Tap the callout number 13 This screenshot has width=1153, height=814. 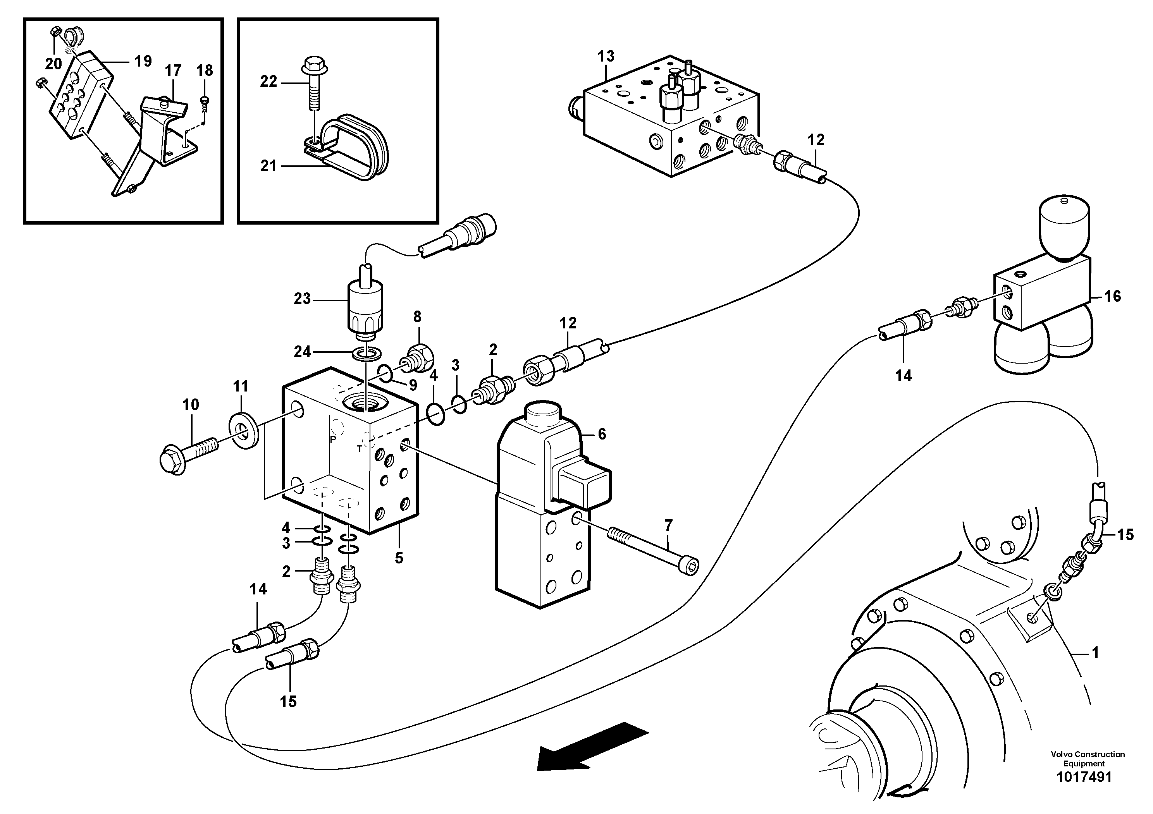pyautogui.click(x=606, y=56)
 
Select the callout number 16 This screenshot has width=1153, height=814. pyautogui.click(x=1112, y=296)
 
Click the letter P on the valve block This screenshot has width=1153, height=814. pyautogui.click(x=332, y=440)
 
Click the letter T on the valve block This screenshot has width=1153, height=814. pyautogui.click(x=360, y=449)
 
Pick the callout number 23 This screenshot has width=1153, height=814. pyautogui.click(x=302, y=299)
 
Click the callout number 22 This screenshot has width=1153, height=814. pyautogui.click(x=268, y=82)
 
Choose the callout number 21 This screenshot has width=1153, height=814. pyautogui.click(x=268, y=166)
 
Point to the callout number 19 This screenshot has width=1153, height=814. pyautogui.click(x=143, y=61)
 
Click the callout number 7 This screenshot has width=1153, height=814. pyautogui.click(x=668, y=525)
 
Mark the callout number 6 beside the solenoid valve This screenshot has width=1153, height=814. pyautogui.click(x=602, y=434)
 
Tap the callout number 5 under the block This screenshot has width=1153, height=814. pyautogui.click(x=399, y=558)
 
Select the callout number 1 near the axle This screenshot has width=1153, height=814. pyautogui.click(x=1095, y=653)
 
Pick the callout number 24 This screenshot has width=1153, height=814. pyautogui.click(x=302, y=352)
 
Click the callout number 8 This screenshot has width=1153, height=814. pyautogui.click(x=417, y=317)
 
